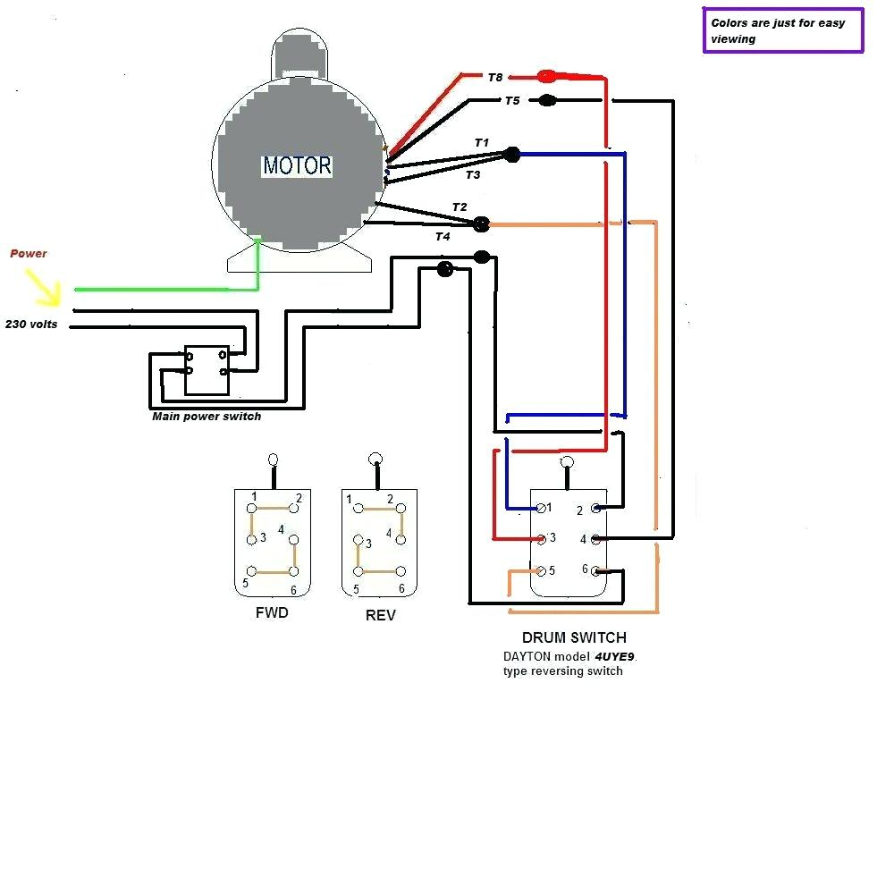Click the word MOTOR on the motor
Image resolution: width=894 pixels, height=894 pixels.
297,165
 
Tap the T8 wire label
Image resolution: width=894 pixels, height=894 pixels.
496,78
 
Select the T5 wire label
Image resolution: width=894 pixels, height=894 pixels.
511,101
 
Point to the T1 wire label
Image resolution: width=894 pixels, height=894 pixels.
482,143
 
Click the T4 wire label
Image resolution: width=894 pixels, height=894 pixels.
443,237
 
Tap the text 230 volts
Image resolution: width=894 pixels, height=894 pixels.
31,325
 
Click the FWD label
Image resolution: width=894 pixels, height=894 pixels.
272,613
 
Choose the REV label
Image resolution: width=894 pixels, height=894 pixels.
380,615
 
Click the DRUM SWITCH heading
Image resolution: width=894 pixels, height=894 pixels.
574,638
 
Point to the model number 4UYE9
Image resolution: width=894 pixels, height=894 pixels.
615,656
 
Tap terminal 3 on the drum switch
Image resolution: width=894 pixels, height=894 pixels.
542,539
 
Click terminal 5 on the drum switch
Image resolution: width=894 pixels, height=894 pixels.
541,570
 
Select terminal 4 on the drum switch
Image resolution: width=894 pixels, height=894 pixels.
595,539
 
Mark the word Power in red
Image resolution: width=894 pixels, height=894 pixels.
29,254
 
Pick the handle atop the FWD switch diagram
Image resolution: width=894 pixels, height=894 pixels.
274,462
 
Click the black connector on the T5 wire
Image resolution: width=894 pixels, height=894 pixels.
547,101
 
